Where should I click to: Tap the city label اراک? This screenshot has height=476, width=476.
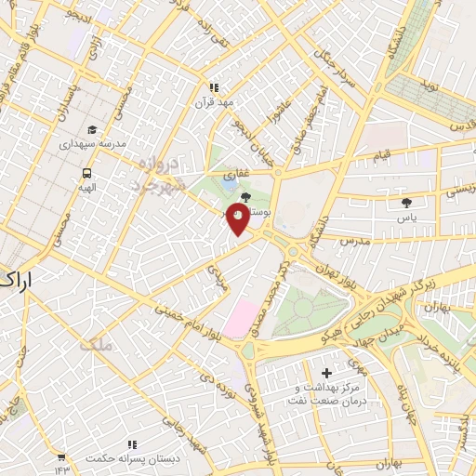[19, 279]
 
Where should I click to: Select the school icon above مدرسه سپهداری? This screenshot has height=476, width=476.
[92, 130]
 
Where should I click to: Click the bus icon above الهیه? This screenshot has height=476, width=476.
[86, 173]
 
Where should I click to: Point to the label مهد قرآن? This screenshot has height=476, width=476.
[214, 101]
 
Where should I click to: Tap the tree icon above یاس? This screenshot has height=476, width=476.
[405, 202]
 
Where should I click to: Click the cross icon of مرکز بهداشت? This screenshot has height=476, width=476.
[325, 373]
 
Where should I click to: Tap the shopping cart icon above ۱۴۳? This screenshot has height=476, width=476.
[61, 456]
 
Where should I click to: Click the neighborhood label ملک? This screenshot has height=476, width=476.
[96, 345]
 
